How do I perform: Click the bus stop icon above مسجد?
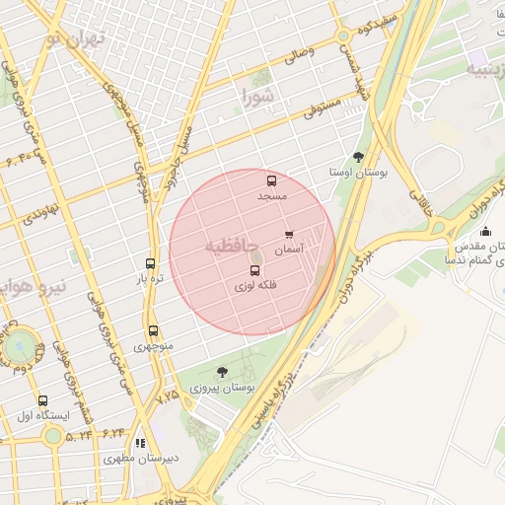coord(271,180)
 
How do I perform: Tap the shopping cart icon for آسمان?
coord(289,235)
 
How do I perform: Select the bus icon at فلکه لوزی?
coord(255,269)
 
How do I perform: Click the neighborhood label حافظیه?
coord(232,246)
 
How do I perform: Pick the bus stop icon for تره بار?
coord(150,263)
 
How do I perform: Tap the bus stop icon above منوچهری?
coord(153,331)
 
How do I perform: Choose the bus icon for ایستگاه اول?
coord(41,400)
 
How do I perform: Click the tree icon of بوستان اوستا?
coord(358,156)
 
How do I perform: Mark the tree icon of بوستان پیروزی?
coord(221,372)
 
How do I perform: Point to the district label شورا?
coord(258,96)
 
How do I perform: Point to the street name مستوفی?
coord(323,105)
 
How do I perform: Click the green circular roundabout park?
coord(19,346)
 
